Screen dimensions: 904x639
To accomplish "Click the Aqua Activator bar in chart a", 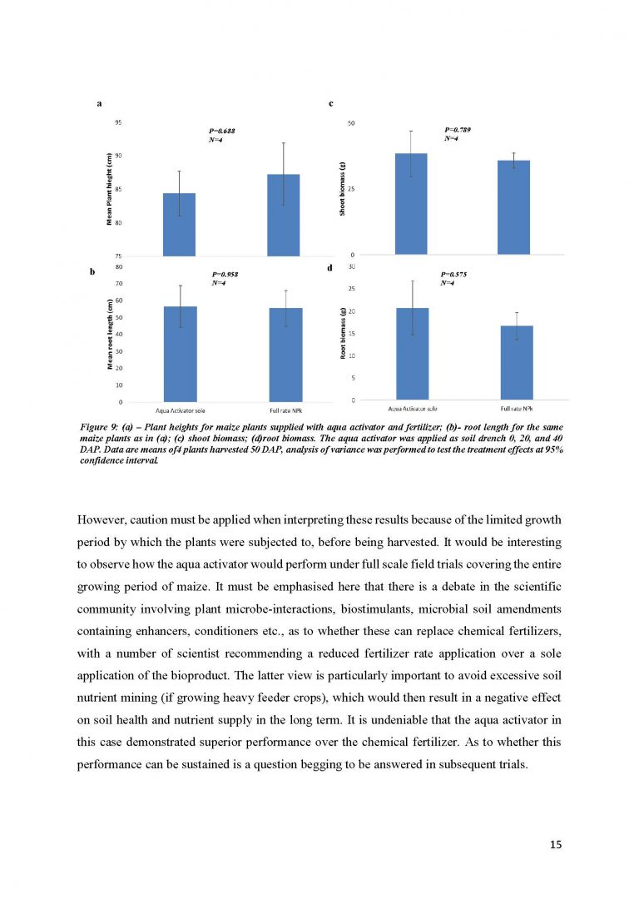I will point(179,224).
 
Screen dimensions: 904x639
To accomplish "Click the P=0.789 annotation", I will point(458,130).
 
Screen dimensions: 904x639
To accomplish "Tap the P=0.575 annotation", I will point(455,274).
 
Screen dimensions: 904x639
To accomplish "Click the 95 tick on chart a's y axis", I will point(119,122).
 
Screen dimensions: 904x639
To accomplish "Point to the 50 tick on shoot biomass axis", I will point(351,123).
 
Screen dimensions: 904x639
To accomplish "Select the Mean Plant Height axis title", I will point(109,189).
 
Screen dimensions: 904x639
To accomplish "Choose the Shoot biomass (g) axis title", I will point(343,189).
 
